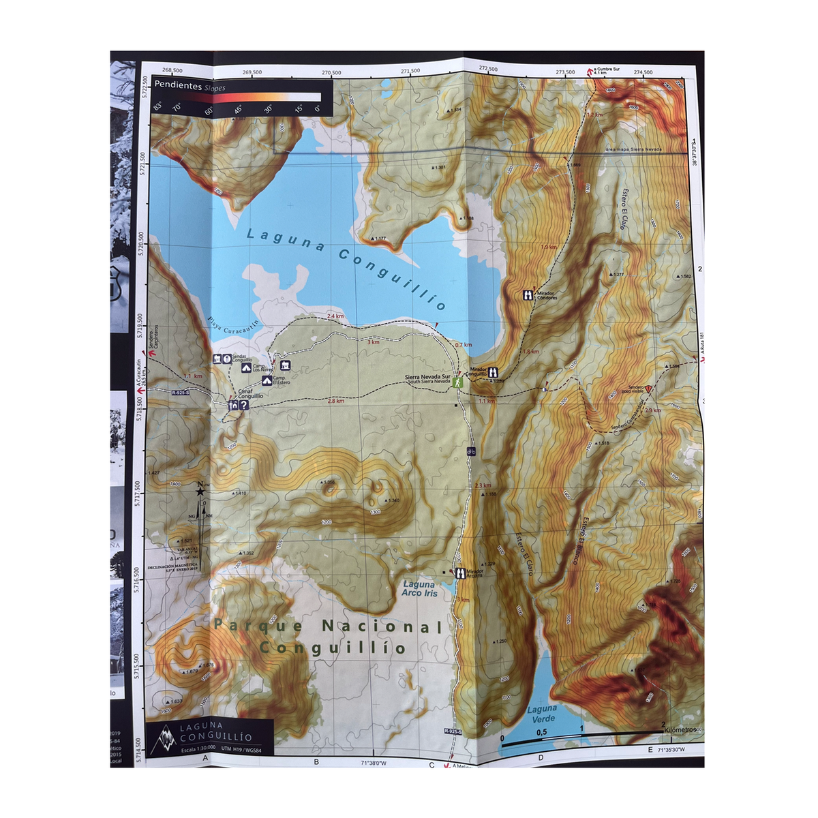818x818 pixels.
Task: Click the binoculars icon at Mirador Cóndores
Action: click(528, 294)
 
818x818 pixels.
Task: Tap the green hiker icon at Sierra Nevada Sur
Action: click(459, 382)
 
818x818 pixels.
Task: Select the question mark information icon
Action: click(243, 405)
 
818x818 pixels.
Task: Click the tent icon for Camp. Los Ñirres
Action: click(247, 367)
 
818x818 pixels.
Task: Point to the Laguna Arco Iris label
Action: click(419, 588)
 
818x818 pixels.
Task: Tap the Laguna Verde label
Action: click(543, 714)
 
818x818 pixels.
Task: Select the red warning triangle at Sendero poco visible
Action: click(649, 389)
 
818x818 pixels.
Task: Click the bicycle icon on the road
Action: click(471, 451)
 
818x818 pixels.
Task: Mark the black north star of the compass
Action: click(200, 490)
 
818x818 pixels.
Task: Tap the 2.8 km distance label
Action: click(335, 402)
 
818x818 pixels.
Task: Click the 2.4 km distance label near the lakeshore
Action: click(335, 316)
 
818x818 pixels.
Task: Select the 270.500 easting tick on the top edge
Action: click(331, 72)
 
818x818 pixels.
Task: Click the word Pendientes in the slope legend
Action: click(178, 86)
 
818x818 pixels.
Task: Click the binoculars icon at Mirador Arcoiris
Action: click(460, 573)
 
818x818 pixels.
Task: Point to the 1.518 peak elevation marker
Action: click(602, 443)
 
